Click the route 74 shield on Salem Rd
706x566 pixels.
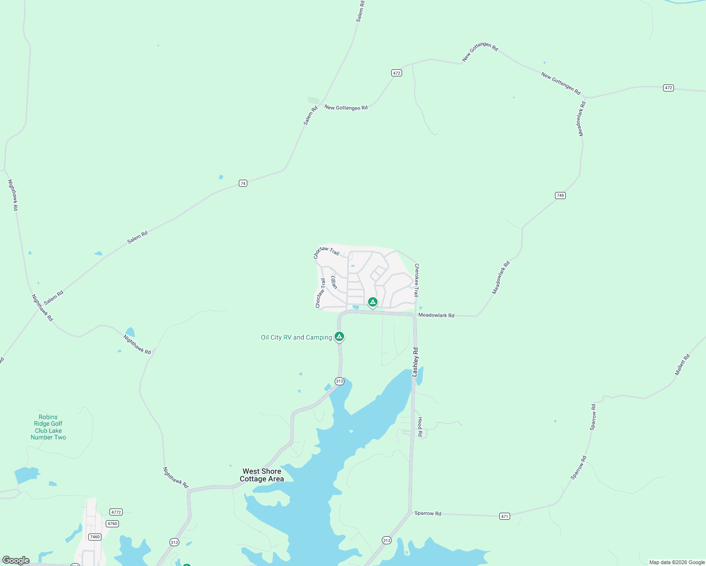(x=243, y=183)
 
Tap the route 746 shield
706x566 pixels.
(x=560, y=195)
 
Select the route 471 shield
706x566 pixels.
(x=504, y=516)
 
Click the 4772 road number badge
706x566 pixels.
(x=116, y=512)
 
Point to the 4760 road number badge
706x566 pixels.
(x=112, y=524)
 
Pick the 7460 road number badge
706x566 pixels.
(x=94, y=537)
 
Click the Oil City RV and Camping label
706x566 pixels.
(x=296, y=337)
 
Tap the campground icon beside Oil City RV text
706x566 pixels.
(x=339, y=336)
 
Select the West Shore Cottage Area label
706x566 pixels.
(x=262, y=475)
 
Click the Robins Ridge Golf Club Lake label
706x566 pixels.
(x=48, y=427)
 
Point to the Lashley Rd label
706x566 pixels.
(x=415, y=362)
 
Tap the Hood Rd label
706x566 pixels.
(x=420, y=426)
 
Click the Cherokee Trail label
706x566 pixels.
(x=417, y=280)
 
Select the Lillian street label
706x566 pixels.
(x=334, y=282)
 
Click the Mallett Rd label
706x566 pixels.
(x=682, y=365)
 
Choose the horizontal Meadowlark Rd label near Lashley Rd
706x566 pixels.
(x=436, y=315)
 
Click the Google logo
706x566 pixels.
(x=16, y=560)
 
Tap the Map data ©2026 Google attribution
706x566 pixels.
(x=677, y=562)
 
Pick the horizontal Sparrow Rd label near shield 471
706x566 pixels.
(x=428, y=513)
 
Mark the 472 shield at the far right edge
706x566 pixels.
(x=668, y=88)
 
